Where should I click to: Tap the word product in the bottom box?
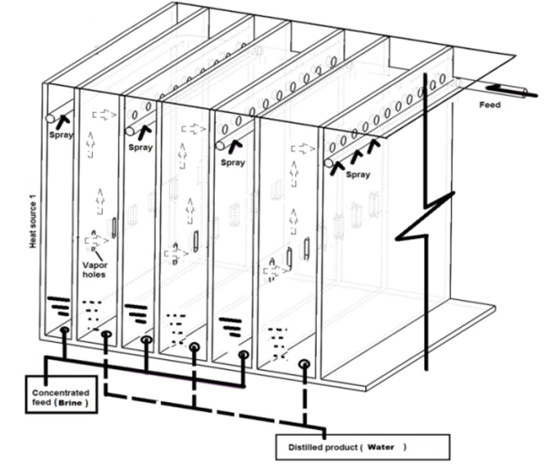tap(338, 444)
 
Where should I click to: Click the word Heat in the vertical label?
tap(33, 236)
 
